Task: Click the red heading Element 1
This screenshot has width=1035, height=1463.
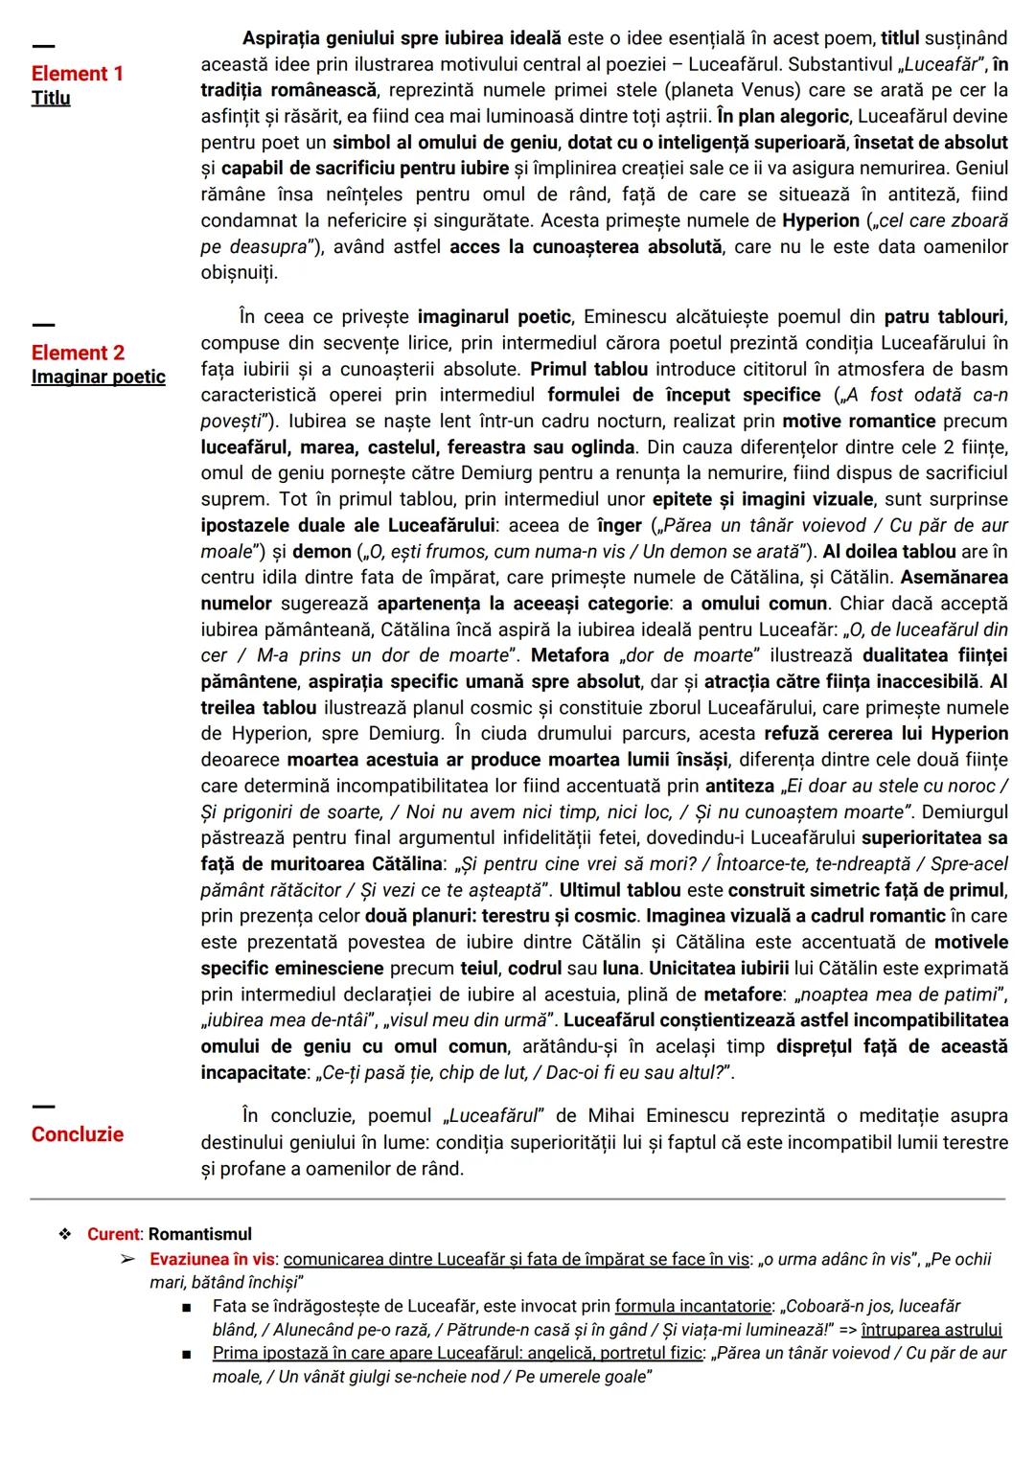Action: (x=77, y=74)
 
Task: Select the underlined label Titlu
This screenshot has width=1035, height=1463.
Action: (x=51, y=99)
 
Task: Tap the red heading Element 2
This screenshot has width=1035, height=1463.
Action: (x=78, y=353)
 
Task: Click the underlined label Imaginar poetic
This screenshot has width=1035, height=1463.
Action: (x=98, y=377)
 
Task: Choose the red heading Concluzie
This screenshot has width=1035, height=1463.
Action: (x=77, y=1134)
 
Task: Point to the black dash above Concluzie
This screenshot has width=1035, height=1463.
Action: (x=43, y=1107)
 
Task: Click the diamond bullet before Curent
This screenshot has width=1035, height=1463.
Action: (x=65, y=1234)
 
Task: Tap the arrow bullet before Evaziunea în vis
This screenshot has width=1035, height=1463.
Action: (x=126, y=1259)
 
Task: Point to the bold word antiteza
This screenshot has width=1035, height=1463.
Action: (x=739, y=786)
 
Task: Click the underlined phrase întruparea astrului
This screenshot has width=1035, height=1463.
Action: (x=931, y=1330)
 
